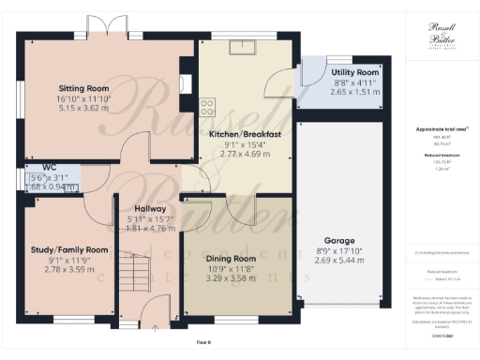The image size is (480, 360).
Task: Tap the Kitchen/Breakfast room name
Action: pos(246,134)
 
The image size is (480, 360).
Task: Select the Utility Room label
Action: pos(354,71)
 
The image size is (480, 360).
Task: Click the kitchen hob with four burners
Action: pos(207,106)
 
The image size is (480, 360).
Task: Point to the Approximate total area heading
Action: pos(441,129)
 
